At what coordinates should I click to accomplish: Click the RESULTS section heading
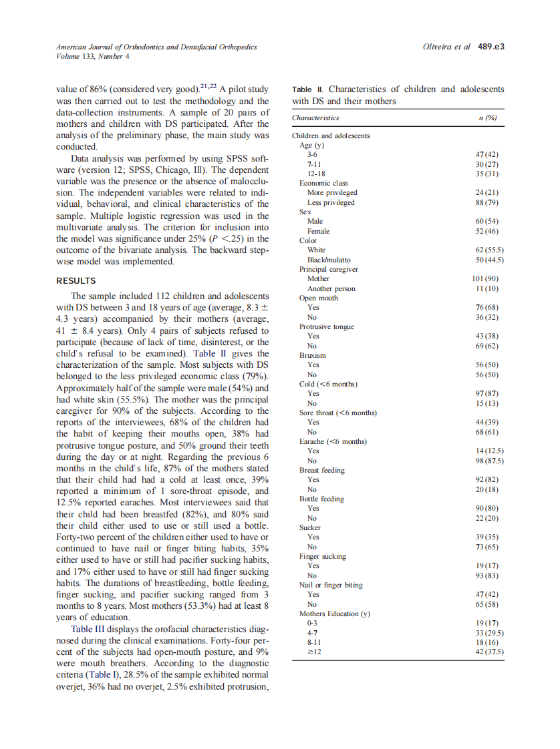(76, 280)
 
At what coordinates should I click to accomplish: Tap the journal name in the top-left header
(156, 47)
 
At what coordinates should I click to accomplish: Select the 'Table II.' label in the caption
(308, 89)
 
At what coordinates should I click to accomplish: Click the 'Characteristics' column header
(315, 117)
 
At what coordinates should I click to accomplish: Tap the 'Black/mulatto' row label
(329, 260)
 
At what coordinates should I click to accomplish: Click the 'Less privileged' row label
(331, 202)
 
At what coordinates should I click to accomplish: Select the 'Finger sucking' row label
(322, 556)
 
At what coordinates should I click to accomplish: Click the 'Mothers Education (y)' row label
(334, 613)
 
